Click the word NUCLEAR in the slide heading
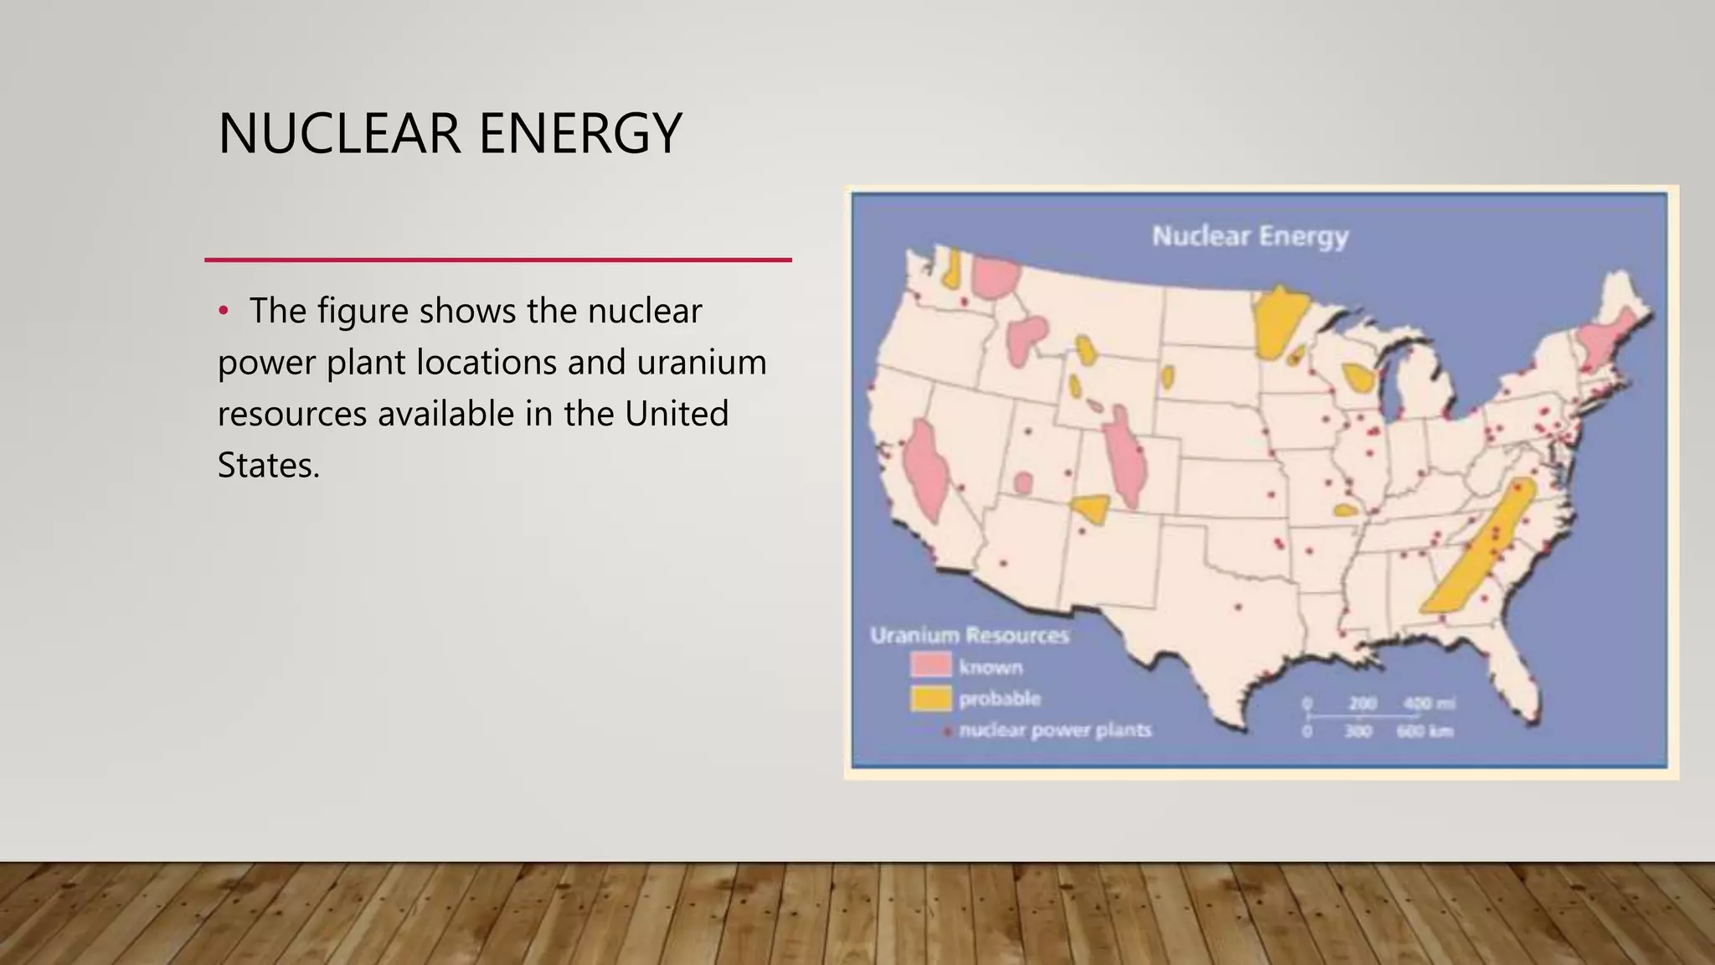tap(338, 134)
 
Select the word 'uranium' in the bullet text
tap(702, 363)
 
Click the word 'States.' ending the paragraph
tap(268, 466)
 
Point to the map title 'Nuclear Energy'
tap(1249, 236)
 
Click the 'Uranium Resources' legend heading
tap(969, 636)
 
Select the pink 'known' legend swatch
tap(930, 666)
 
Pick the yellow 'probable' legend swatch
tap(930, 698)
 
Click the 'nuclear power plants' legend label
tap(1054, 730)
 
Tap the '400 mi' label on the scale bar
tap(1429, 704)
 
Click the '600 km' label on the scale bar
tap(1424, 732)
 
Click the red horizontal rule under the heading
tap(498, 261)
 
